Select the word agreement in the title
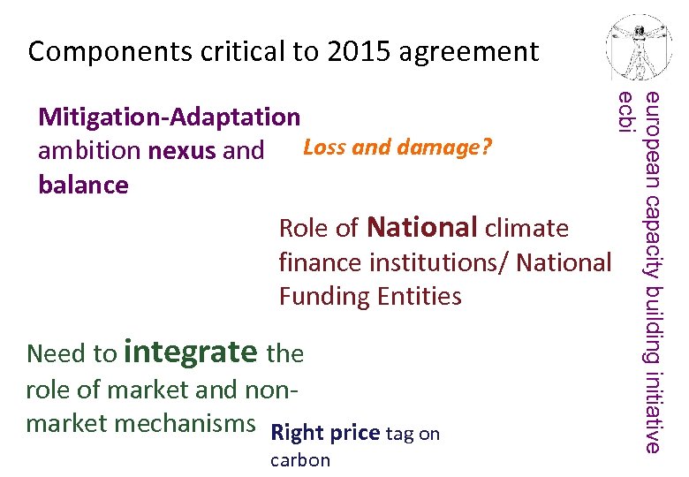click(469, 52)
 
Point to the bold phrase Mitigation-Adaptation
click(170, 117)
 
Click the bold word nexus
click(183, 151)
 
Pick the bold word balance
click(83, 185)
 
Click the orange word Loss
click(324, 147)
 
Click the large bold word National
click(421, 227)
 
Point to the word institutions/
click(438, 262)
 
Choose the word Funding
click(324, 296)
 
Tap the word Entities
click(419, 296)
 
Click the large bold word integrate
click(191, 352)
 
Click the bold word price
click(354, 434)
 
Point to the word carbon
click(300, 460)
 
